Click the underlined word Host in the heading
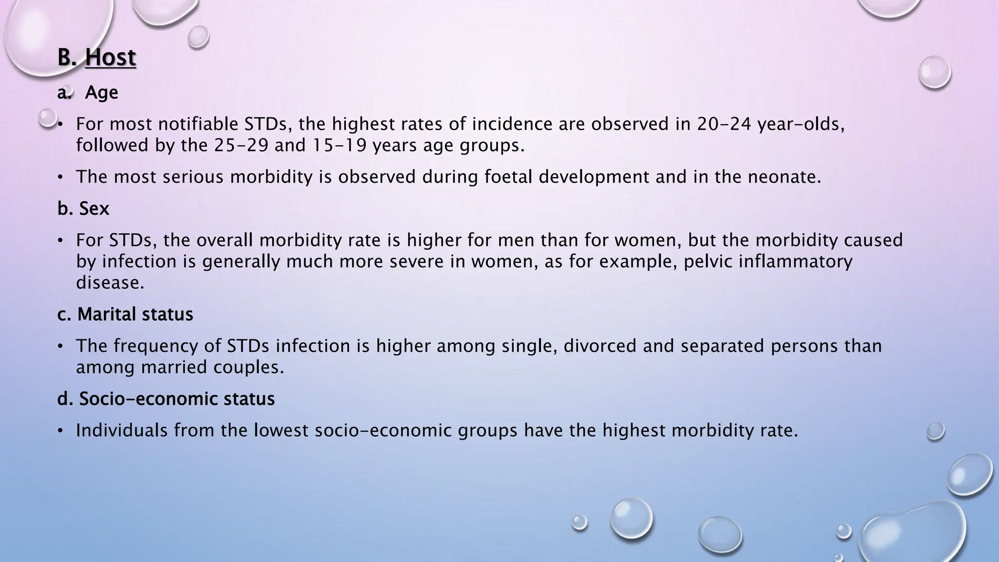click(x=110, y=58)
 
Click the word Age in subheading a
click(x=101, y=92)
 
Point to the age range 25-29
click(x=241, y=145)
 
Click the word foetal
click(x=508, y=177)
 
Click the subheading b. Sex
click(x=83, y=208)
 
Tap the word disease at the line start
click(x=110, y=282)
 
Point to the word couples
click(x=248, y=367)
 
